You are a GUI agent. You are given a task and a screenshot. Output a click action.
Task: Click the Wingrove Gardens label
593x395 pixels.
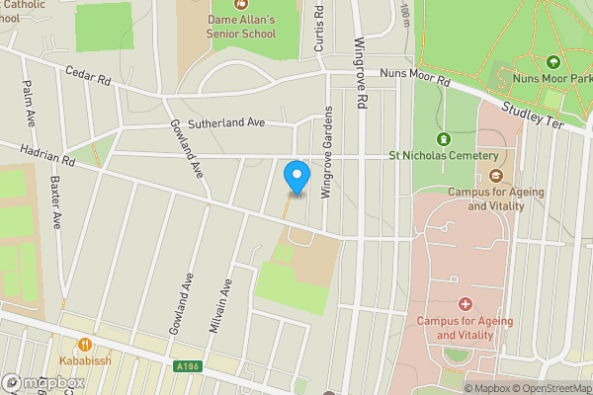coord(325,152)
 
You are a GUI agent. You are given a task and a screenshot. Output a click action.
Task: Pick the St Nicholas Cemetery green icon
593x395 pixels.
coord(443,138)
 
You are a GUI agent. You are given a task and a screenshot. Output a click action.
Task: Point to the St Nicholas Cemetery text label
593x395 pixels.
coord(443,155)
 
